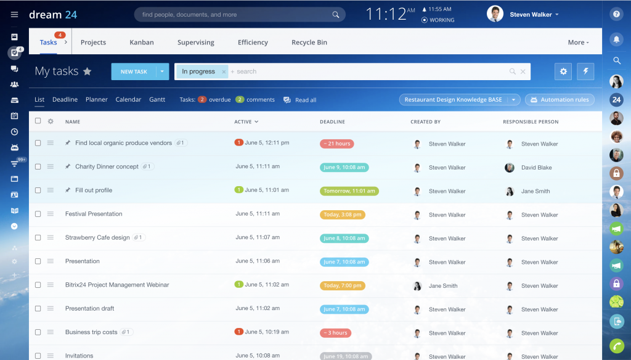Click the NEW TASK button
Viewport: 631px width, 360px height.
click(133, 72)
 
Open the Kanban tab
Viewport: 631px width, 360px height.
click(142, 43)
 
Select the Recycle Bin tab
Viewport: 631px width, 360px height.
click(309, 43)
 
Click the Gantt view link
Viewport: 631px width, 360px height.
click(157, 99)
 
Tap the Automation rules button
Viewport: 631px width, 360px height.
click(560, 100)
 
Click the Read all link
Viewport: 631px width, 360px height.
click(305, 100)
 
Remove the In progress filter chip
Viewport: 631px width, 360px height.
click(224, 72)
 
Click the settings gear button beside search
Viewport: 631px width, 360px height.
click(563, 72)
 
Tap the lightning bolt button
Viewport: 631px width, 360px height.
click(585, 72)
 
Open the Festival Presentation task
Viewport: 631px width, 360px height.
click(94, 214)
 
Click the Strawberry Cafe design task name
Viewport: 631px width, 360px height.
click(97, 237)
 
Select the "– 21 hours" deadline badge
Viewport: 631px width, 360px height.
click(336, 144)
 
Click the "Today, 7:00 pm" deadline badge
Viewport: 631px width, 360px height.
click(342, 285)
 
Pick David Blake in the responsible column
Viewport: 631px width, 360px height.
click(536, 168)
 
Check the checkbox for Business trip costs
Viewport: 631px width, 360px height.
click(38, 332)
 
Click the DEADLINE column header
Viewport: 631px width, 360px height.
click(332, 122)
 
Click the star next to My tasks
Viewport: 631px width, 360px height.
click(88, 72)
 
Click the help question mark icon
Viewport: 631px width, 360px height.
click(616, 14)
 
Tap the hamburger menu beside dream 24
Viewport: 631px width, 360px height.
click(15, 14)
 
